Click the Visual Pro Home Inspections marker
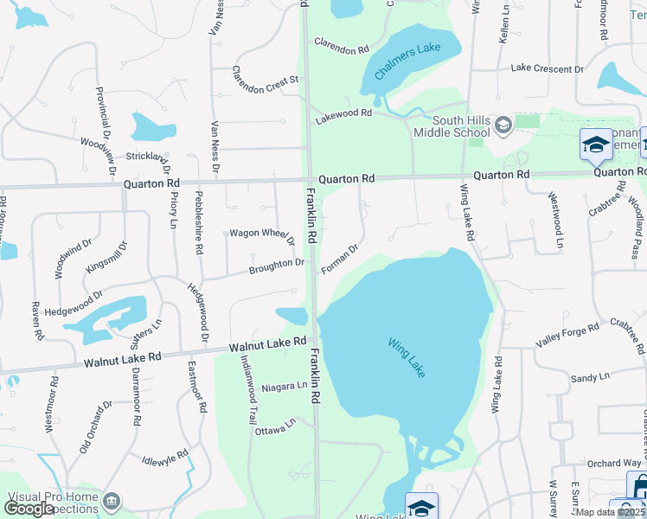[x=112, y=502]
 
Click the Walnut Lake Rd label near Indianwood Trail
[x=267, y=345]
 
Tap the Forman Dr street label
[x=340, y=259]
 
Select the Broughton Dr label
[x=277, y=264]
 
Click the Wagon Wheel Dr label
[x=260, y=234]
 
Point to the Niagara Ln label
[x=284, y=386]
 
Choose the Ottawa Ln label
[x=274, y=426]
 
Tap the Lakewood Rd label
[x=343, y=113]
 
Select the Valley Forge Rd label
[x=567, y=336]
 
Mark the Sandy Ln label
[x=591, y=379]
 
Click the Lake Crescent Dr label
[x=547, y=68]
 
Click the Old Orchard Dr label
[x=96, y=426]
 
